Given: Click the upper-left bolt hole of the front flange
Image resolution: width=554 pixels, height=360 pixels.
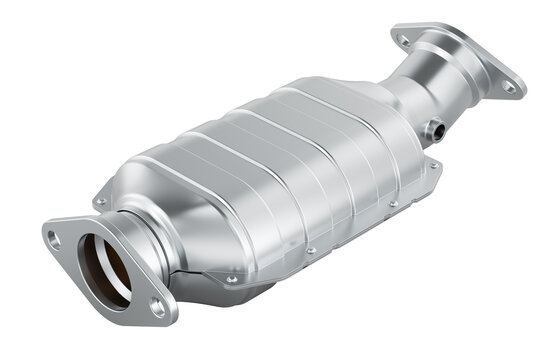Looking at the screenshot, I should [54, 238].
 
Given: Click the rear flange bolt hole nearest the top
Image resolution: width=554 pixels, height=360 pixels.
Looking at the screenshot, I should [403, 40].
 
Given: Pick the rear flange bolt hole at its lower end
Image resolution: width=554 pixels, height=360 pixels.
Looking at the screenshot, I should [510, 87].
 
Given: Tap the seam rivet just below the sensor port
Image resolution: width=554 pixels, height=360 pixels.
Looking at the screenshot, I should [433, 164].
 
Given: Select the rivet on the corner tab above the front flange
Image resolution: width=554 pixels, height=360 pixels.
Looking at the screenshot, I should [100, 201].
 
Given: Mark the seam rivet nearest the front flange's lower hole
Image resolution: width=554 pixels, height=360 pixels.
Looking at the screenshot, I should [233, 279].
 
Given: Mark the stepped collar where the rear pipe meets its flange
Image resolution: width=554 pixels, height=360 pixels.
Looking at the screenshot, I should [445, 60].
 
